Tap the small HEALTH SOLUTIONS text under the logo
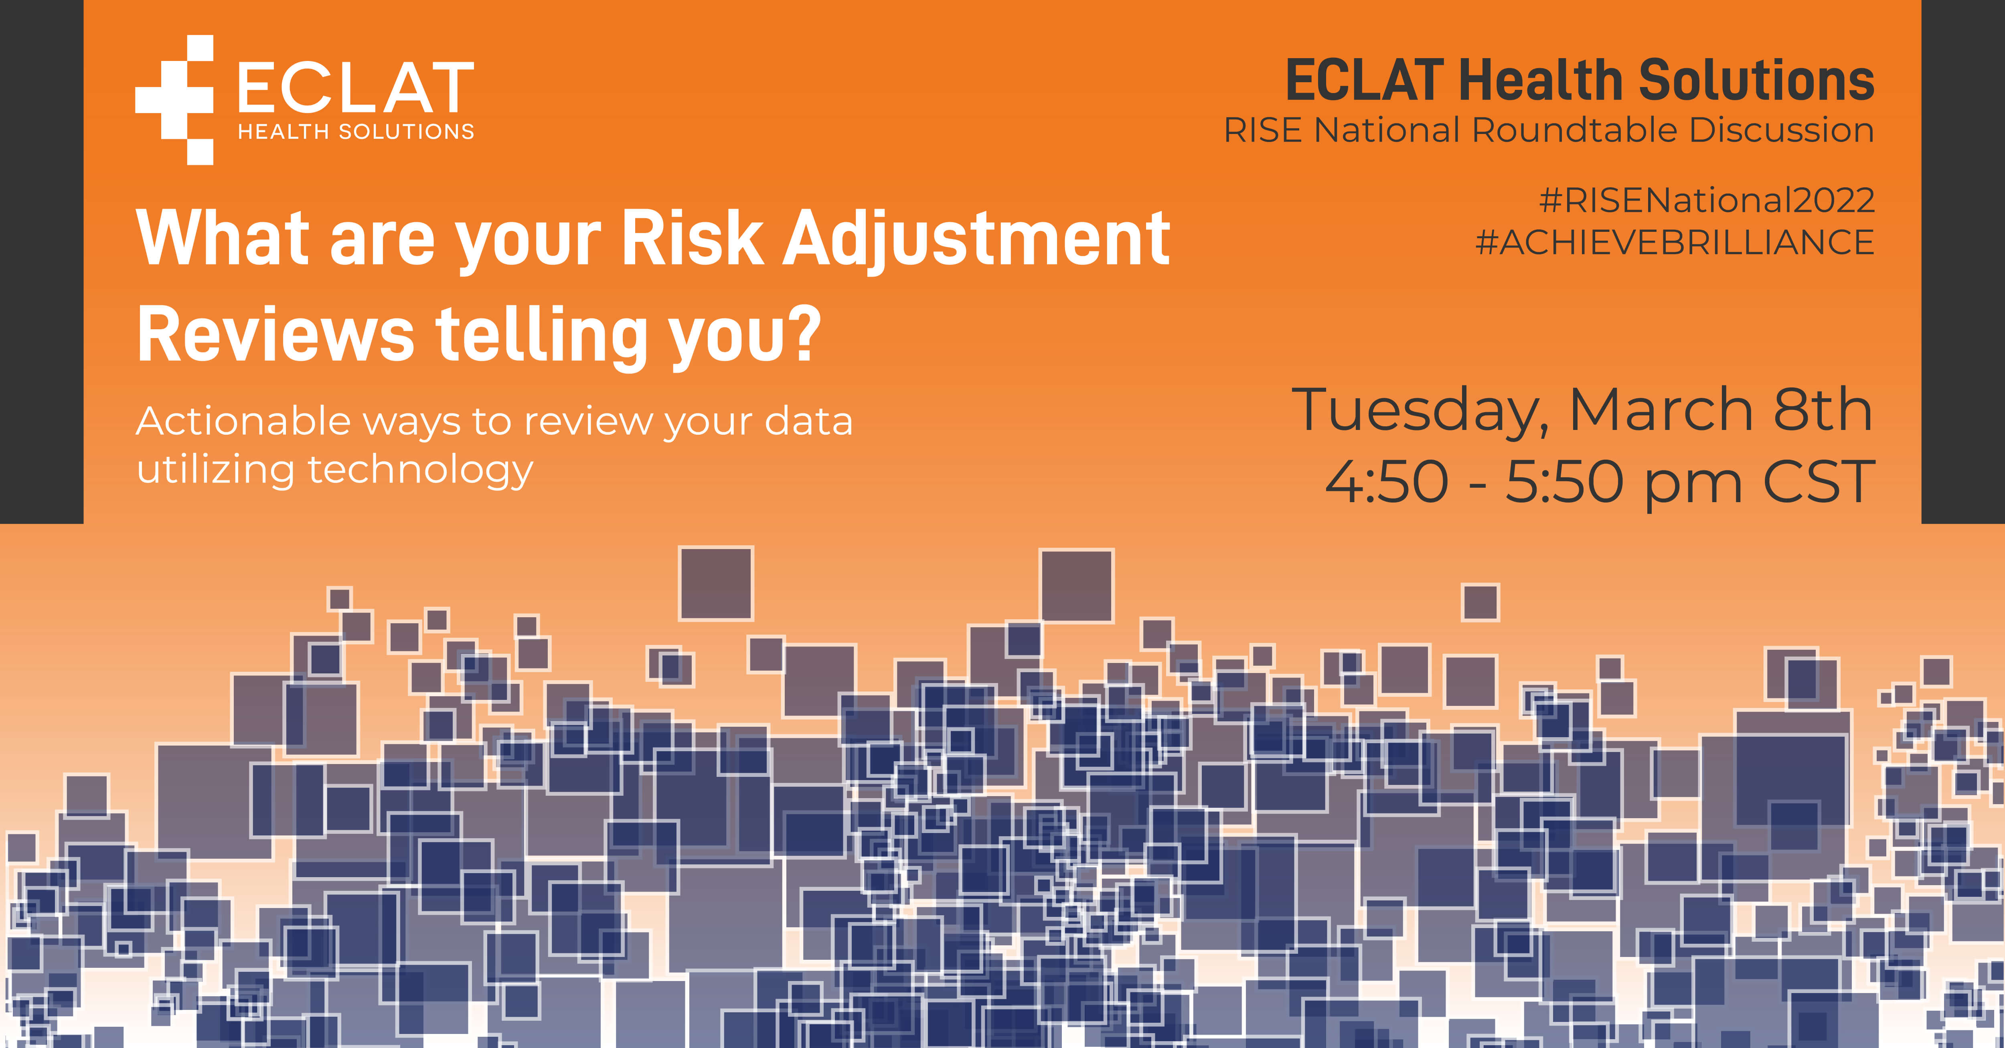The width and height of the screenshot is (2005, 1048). click(x=356, y=132)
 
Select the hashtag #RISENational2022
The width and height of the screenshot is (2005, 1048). click(x=1706, y=201)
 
